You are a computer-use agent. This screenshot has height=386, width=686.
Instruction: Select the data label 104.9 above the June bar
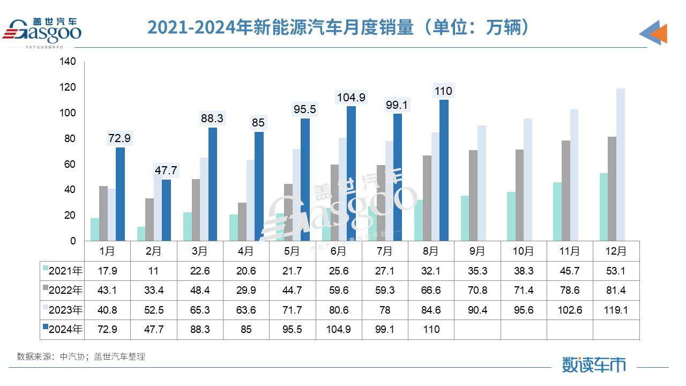[351, 98]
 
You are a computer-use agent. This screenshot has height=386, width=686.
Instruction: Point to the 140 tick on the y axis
[69, 62]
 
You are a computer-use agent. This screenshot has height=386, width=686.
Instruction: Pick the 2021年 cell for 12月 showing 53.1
[615, 271]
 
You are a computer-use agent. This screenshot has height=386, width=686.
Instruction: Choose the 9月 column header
[477, 251]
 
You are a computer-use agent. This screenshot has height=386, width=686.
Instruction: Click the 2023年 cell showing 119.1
[615, 310]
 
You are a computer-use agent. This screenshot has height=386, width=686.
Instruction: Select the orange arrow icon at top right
[655, 34]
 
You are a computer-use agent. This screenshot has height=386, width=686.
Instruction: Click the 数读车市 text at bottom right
[594, 365]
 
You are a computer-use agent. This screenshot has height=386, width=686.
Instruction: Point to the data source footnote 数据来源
[81, 357]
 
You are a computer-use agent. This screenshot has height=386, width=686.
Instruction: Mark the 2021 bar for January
[95, 229]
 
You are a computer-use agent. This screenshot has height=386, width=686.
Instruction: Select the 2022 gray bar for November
[565, 190]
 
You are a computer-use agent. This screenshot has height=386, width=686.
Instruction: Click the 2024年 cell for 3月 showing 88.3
[200, 329]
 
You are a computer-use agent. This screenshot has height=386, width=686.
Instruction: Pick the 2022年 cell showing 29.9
[246, 291]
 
